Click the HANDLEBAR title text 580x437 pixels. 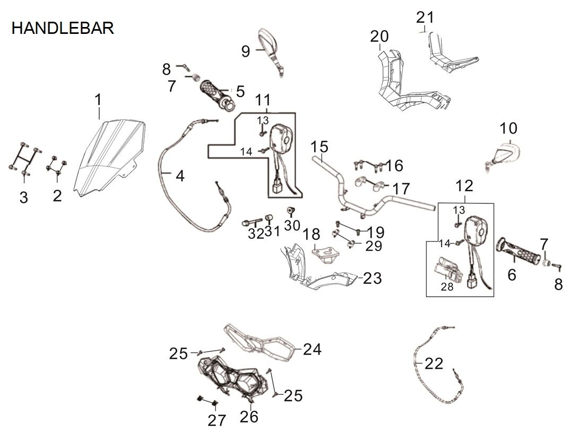(63, 28)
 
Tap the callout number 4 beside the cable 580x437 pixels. (180, 176)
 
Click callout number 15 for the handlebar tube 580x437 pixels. (319, 147)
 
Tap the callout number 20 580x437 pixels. (379, 37)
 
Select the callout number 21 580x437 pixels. (425, 17)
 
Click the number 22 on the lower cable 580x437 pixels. (434, 364)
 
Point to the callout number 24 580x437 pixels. (312, 349)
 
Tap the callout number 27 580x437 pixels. (217, 421)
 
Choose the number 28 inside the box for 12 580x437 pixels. (447, 287)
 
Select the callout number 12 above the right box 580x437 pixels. (464, 186)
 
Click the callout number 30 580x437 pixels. (291, 226)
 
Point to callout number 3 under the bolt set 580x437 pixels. (23, 198)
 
